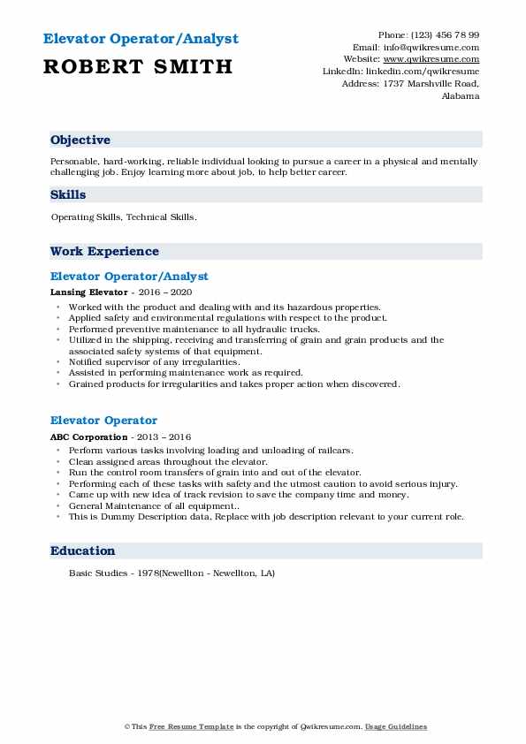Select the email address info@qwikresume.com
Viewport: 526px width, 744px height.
pos(431,47)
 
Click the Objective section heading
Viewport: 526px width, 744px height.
pos(80,140)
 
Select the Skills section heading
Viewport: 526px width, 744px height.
pos(68,194)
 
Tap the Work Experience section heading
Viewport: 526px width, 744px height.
pos(104,252)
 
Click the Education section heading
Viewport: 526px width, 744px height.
pos(83,551)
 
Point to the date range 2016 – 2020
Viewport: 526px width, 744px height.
pos(166,292)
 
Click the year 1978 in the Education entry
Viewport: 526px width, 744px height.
pos(145,573)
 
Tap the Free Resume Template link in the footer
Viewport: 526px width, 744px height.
pos(179,727)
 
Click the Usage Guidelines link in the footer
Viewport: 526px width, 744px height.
pos(396,727)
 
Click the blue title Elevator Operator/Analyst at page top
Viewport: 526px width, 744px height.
pos(141,40)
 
